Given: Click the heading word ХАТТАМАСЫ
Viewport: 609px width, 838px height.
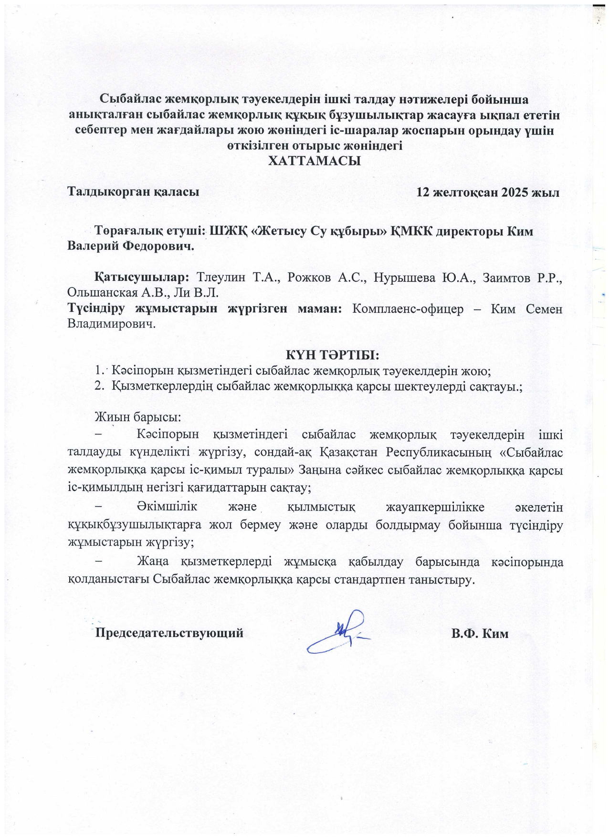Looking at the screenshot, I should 314,161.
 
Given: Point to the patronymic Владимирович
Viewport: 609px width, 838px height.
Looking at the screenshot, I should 112,324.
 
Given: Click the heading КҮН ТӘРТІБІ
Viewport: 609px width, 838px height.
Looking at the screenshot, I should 332,355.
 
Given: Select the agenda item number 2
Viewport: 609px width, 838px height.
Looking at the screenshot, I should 99,386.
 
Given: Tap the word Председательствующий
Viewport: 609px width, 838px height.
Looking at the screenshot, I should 169,633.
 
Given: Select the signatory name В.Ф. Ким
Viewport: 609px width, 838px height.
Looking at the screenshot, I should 480,634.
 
